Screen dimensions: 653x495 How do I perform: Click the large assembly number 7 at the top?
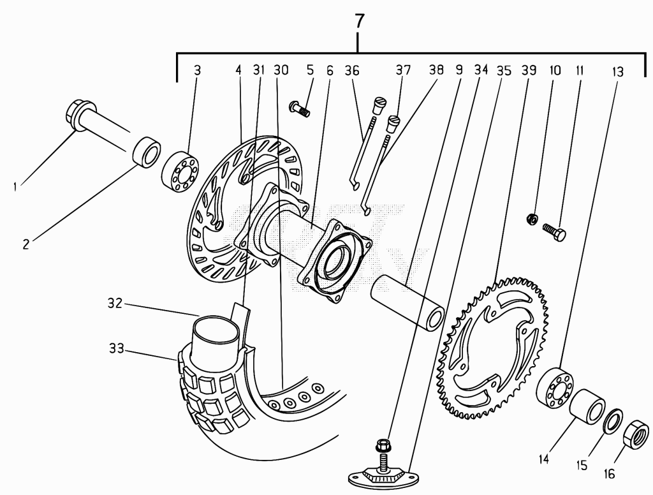tap(359, 21)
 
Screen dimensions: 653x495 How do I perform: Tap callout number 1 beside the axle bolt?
tap(15, 186)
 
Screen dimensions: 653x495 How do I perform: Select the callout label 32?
tap(115, 304)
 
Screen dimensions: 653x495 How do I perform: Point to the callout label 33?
tap(117, 348)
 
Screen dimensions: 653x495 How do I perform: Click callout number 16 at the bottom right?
tap(609, 474)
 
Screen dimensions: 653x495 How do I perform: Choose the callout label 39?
tap(529, 70)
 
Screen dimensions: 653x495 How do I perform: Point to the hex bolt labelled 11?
tap(554, 232)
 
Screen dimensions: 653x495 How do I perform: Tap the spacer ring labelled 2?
tap(147, 152)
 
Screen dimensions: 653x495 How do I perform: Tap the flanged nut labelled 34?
tap(383, 445)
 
